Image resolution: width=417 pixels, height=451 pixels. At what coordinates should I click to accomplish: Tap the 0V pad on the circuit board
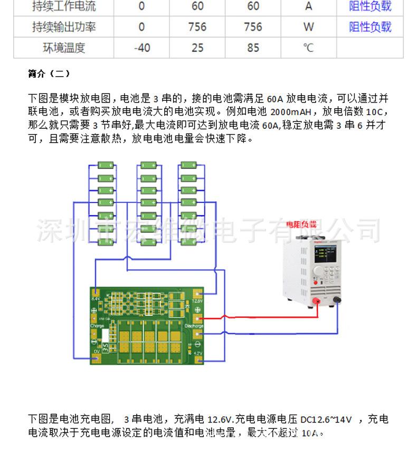96,359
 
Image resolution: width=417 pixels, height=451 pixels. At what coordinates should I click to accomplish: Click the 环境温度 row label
63,48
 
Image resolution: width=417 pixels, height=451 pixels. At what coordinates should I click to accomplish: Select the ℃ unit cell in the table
309,48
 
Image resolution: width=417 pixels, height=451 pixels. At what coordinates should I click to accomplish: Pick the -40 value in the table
141,48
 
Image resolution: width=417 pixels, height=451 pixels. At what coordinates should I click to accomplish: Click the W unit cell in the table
309,27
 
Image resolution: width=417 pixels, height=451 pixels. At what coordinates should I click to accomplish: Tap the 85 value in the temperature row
253,48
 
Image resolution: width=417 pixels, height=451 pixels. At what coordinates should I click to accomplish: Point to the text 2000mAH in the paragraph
292,112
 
